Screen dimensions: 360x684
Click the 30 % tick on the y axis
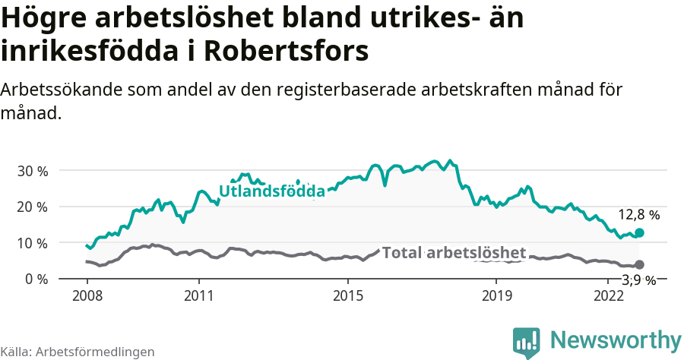(x=32, y=170)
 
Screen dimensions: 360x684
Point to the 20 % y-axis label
(x=32, y=207)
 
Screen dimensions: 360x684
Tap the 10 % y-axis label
(x=32, y=242)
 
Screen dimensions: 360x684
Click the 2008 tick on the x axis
(x=87, y=295)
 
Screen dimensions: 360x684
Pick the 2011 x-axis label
(x=198, y=295)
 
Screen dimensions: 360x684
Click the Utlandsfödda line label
(x=272, y=191)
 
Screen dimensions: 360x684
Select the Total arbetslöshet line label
(x=454, y=253)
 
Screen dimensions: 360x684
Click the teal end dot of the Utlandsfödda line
(x=640, y=232)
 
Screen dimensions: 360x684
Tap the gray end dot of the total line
(x=640, y=264)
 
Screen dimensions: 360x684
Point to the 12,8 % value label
(x=638, y=215)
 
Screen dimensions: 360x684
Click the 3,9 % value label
(x=638, y=280)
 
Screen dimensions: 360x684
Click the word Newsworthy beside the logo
(x=616, y=339)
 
